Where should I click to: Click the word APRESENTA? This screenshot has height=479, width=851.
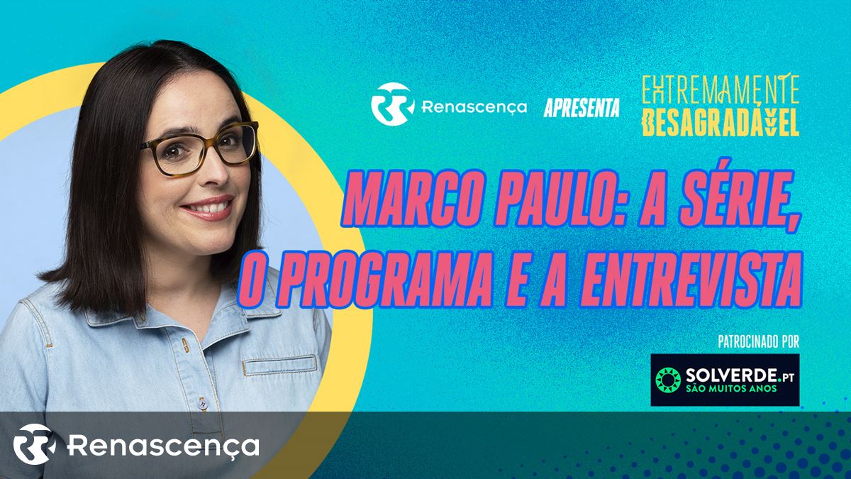coord(582,108)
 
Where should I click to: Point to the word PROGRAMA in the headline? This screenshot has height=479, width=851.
coord(386,280)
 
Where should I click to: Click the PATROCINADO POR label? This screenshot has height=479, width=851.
coord(759,341)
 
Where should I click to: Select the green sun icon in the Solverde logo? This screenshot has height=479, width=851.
coord(668,380)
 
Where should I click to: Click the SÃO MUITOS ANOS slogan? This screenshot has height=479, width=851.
coord(730,389)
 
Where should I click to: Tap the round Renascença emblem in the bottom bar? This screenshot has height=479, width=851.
coord(34,444)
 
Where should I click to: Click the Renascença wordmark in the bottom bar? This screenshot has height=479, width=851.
coord(163,446)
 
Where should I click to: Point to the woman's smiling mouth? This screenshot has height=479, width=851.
coord(208,207)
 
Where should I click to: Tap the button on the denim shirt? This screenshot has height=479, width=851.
coord(204,404)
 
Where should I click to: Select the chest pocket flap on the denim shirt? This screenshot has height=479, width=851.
coord(280,365)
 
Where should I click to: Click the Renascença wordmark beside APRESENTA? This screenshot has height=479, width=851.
coord(474,107)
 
